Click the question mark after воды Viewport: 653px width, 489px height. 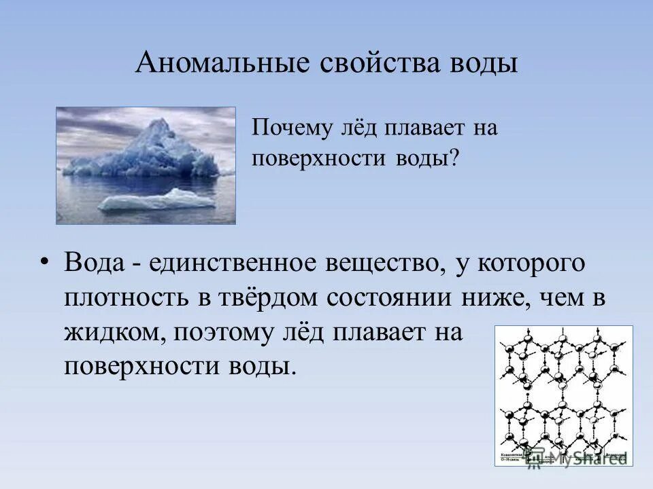[454, 159]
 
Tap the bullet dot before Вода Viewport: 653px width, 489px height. [45, 264]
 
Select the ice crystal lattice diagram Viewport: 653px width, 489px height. [563, 394]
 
